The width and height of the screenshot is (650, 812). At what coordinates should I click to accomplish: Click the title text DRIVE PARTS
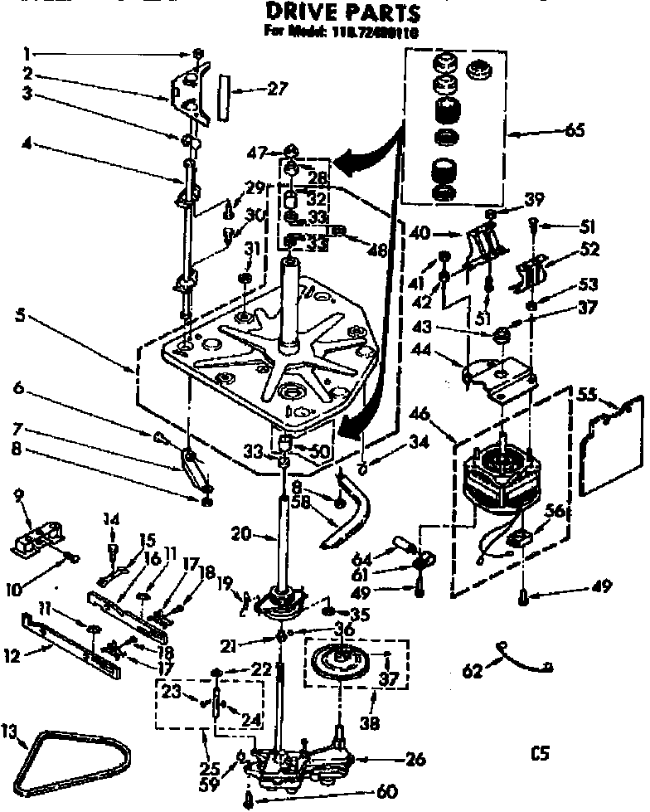342,12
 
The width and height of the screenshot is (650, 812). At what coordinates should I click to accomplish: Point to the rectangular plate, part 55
614,446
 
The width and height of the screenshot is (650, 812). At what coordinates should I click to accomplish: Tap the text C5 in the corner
541,753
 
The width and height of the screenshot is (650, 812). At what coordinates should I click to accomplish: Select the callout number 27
259,90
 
